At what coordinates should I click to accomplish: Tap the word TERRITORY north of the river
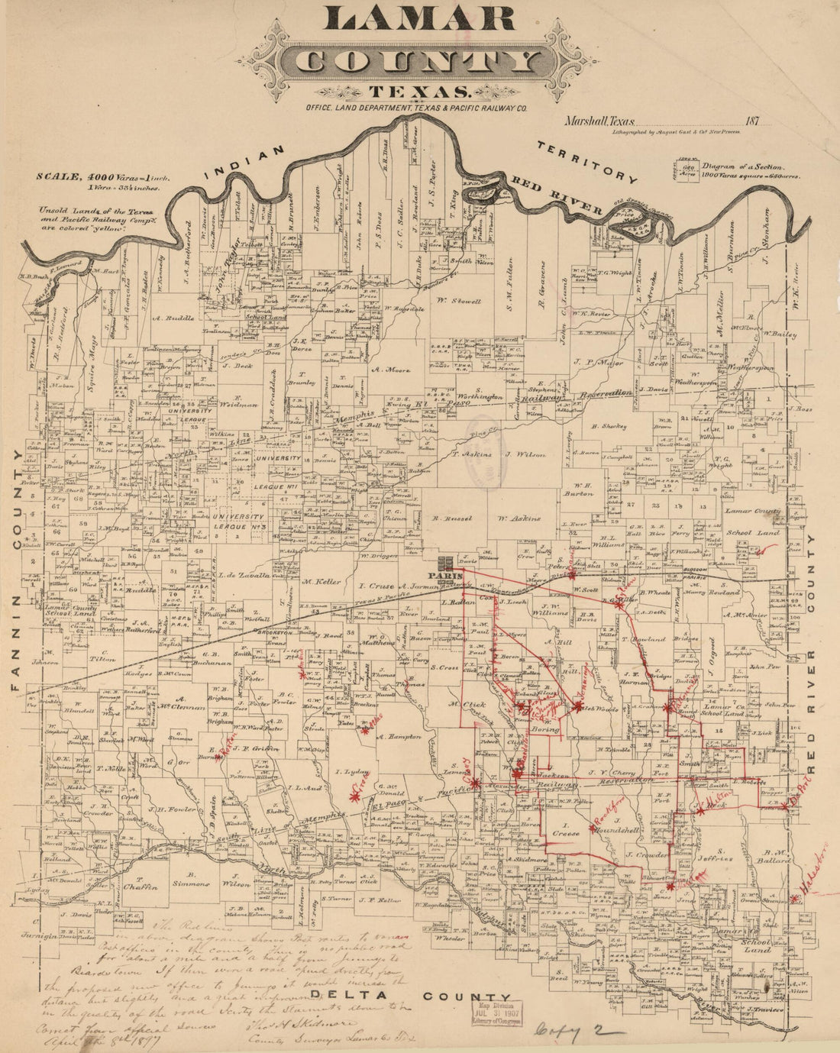click(586, 163)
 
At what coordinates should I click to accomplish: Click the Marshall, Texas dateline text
click(599, 120)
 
